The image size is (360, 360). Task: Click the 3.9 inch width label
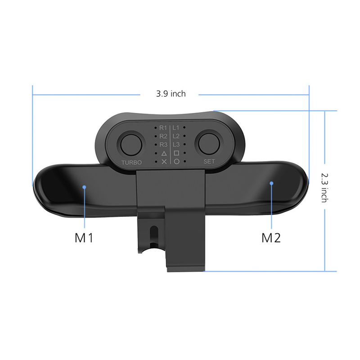click(171, 94)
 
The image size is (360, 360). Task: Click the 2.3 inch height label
click(324, 188)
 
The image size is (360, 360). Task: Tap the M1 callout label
click(84, 238)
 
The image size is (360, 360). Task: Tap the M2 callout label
click(271, 238)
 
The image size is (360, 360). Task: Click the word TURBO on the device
click(131, 162)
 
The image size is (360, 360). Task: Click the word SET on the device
click(209, 162)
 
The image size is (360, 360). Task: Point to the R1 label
click(163, 128)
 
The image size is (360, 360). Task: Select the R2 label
click(163, 136)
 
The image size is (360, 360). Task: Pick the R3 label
click(163, 144)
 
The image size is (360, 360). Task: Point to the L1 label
click(176, 127)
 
